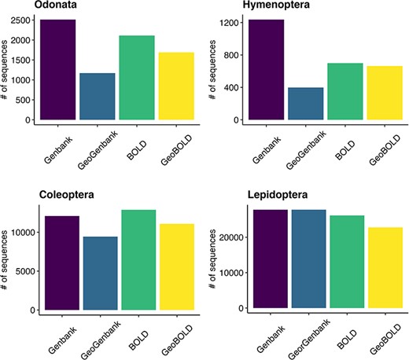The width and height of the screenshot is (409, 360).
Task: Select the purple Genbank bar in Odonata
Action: tap(61, 70)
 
